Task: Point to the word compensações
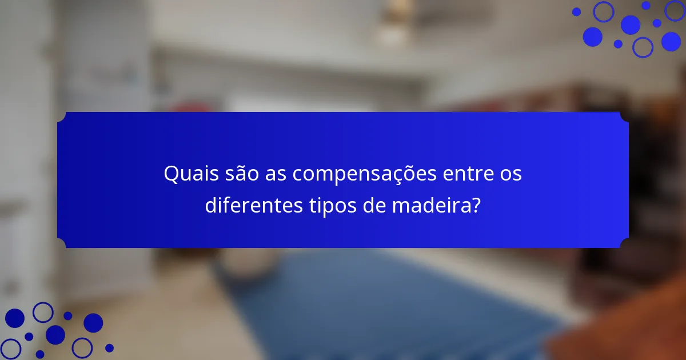365,174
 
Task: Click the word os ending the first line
510,174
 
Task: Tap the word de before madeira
374,205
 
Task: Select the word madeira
429,205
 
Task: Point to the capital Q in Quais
171,174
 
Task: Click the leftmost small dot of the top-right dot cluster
576,11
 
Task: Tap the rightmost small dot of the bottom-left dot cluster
109,347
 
